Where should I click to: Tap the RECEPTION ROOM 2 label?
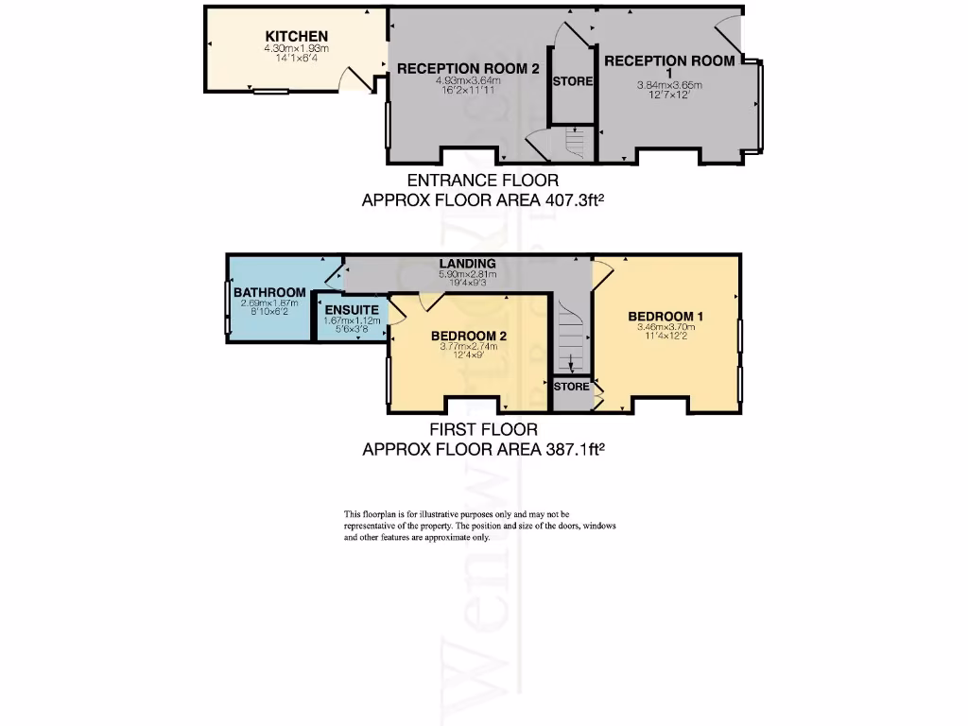coord(455,68)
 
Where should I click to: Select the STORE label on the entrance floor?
coord(573,81)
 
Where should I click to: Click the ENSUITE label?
coord(352,310)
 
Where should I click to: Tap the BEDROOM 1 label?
coord(665,316)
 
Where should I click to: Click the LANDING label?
coord(467,263)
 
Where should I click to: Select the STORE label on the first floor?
coord(571,387)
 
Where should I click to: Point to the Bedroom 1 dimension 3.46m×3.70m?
coord(665,327)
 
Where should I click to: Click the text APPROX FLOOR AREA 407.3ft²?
coord(483,200)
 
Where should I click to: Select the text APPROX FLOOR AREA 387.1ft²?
coord(483,450)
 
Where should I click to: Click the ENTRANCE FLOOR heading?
coord(482,180)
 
